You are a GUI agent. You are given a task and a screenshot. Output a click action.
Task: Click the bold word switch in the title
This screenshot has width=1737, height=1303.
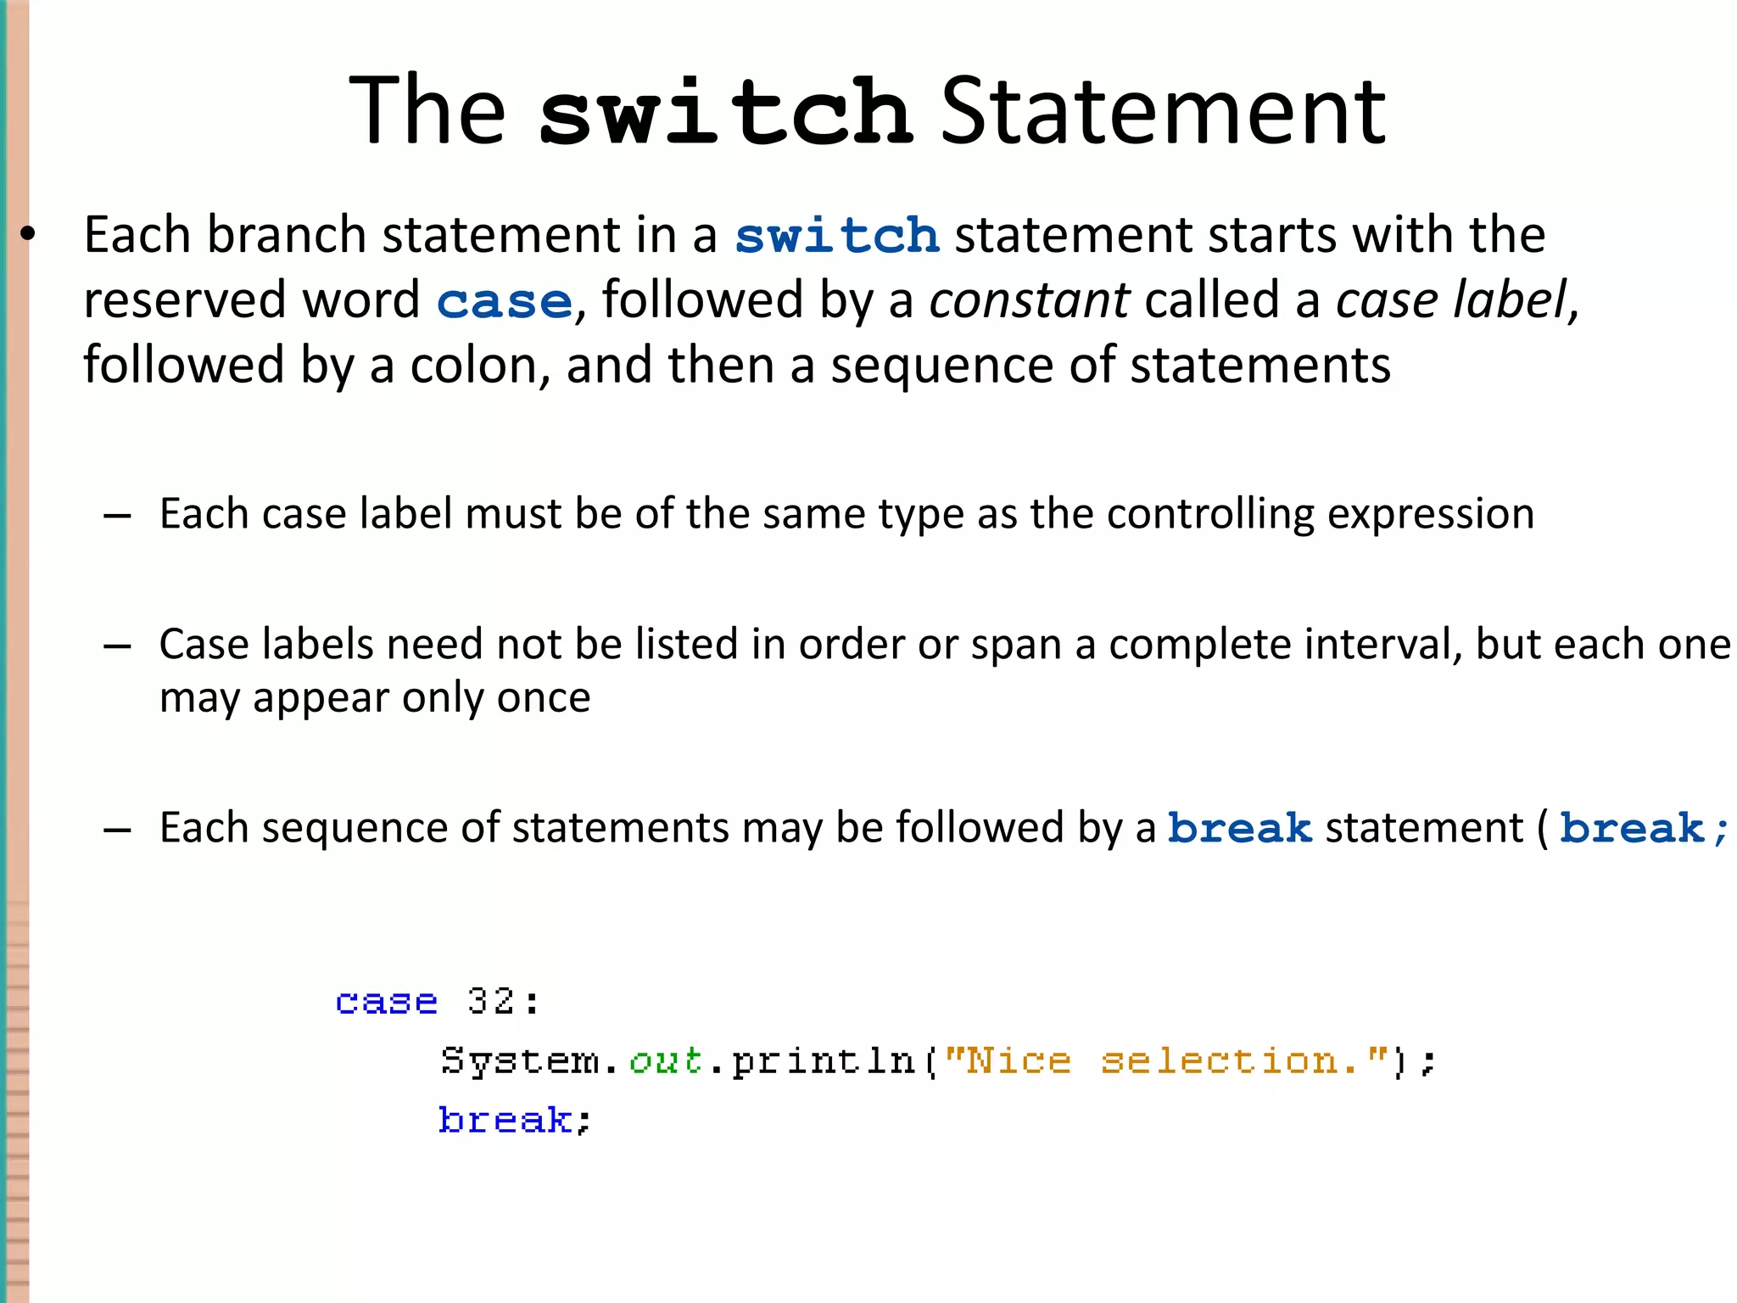pos(725,111)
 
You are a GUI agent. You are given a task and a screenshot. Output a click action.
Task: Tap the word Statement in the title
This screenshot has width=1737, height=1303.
pos(1163,111)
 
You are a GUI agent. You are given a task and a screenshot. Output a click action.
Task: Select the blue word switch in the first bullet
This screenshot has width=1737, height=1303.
pos(837,235)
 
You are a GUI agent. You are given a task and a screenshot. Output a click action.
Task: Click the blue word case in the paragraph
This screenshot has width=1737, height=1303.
pos(505,301)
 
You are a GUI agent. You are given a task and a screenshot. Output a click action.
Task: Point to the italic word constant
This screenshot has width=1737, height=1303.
pos(1029,300)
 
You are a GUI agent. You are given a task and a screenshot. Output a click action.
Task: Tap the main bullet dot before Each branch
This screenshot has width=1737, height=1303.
pos(28,234)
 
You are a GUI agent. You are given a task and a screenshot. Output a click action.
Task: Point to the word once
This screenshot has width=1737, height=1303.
pos(543,698)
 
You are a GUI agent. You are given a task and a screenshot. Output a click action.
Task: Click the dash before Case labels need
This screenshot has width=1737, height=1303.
pos(117,646)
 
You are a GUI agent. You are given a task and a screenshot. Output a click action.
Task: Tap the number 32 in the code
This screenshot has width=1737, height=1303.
pos(490,1002)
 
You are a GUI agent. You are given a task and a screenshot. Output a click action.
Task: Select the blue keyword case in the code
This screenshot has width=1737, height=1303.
pos(387,1003)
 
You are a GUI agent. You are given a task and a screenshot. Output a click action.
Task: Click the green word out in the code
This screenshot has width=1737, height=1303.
pos(666,1061)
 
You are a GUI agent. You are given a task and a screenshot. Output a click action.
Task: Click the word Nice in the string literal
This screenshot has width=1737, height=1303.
pos(1017,1061)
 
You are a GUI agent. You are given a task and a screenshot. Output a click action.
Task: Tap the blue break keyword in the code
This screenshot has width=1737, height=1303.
pos(505,1121)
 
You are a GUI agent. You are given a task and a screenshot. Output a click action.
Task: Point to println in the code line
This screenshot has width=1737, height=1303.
pos(824,1061)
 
